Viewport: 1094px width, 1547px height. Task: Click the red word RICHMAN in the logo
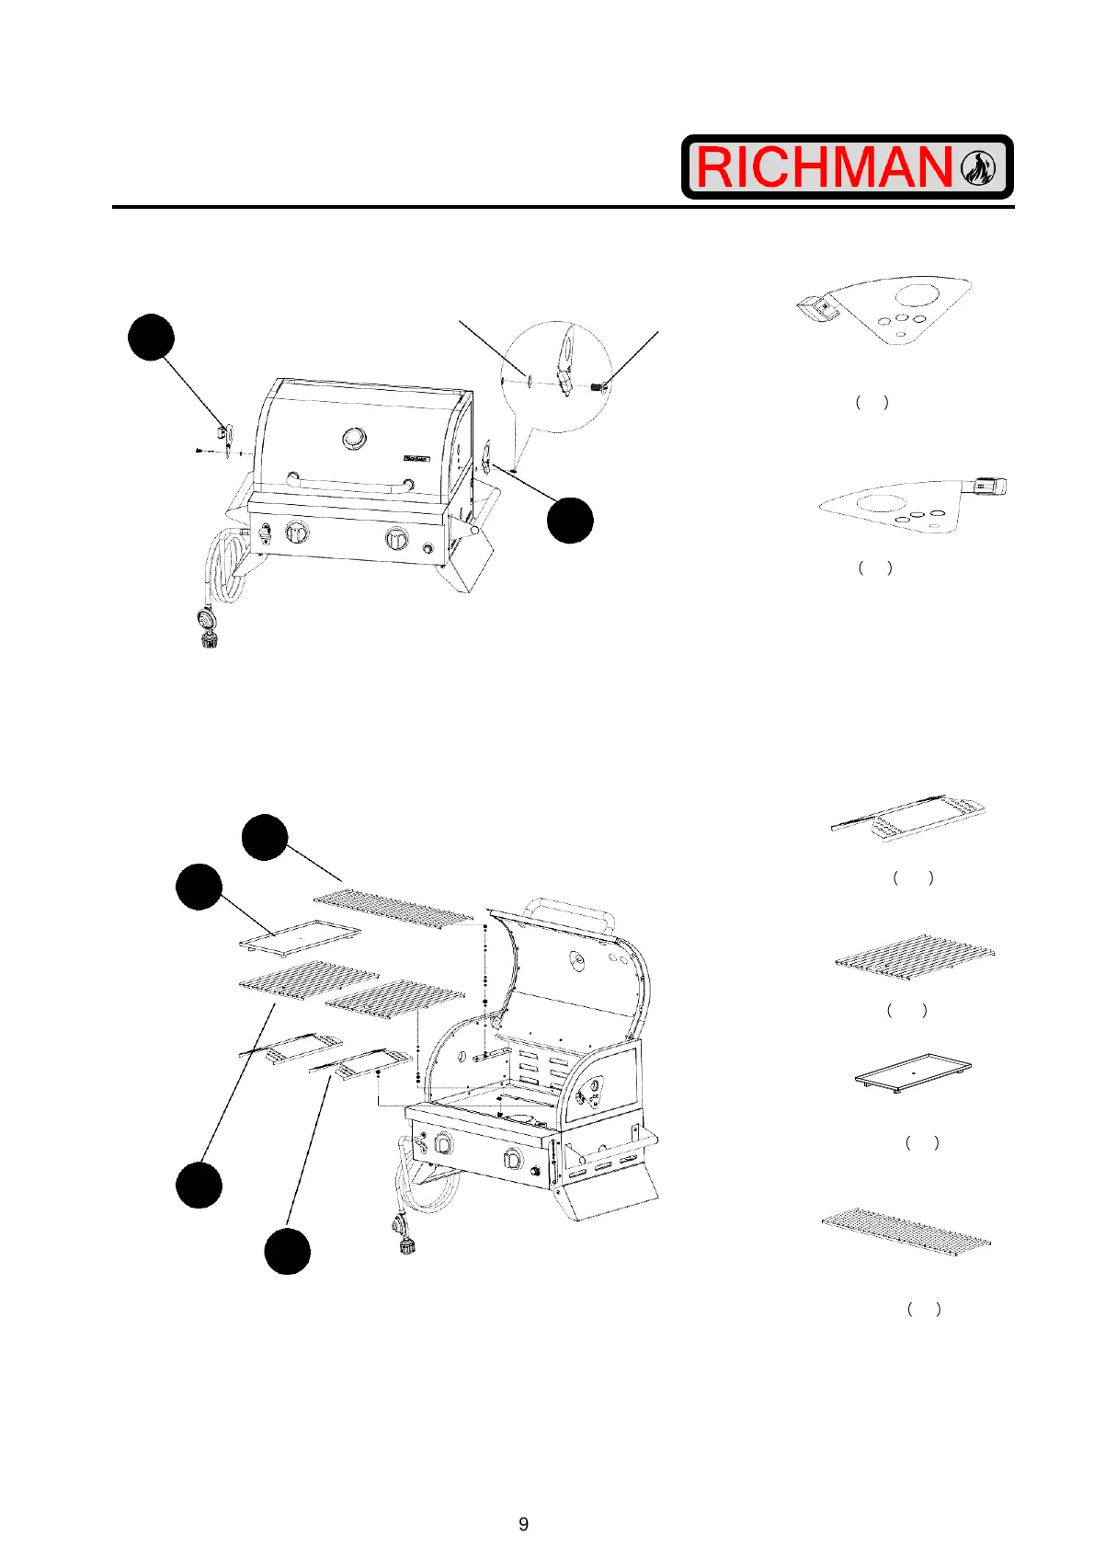click(824, 167)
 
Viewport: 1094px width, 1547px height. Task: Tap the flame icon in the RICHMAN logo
click(978, 167)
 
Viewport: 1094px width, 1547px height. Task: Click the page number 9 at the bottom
click(524, 1524)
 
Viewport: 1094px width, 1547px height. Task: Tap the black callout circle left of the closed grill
click(151, 337)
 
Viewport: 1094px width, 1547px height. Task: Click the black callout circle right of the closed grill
click(570, 520)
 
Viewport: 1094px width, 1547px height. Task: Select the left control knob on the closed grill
click(299, 533)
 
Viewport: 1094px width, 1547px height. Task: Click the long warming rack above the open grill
click(393, 907)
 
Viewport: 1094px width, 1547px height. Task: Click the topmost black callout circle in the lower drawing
click(265, 837)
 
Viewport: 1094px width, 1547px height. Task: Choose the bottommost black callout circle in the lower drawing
click(288, 1251)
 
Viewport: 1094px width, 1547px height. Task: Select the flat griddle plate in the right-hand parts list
click(912, 1072)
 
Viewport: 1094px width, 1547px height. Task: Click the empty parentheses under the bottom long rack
click(923, 1309)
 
